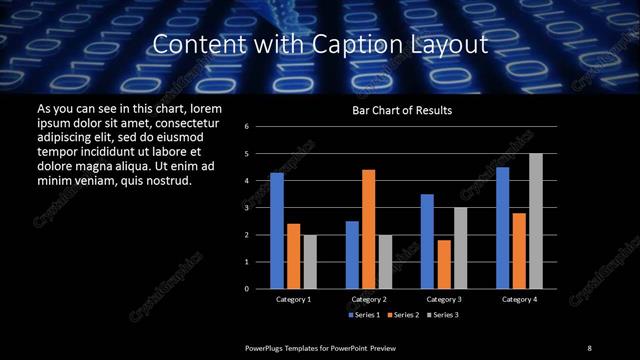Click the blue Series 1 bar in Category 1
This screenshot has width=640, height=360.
click(277, 230)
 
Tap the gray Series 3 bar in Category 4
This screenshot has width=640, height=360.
click(535, 221)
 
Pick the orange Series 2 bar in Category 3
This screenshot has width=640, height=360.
click(443, 264)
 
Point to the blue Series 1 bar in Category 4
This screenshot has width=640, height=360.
click(503, 228)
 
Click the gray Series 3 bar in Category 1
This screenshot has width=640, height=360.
click(309, 262)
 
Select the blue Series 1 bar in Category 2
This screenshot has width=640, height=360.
click(352, 255)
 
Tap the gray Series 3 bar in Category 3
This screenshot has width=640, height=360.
click(459, 248)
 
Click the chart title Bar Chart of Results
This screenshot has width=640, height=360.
click(402, 110)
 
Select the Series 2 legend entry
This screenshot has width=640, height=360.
click(402, 315)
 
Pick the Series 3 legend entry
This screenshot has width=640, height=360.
click(444, 315)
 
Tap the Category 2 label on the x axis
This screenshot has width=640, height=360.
click(368, 299)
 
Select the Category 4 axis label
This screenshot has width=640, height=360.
click(519, 299)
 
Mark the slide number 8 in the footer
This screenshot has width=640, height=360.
click(590, 347)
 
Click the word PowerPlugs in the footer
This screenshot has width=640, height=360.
click(266, 347)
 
